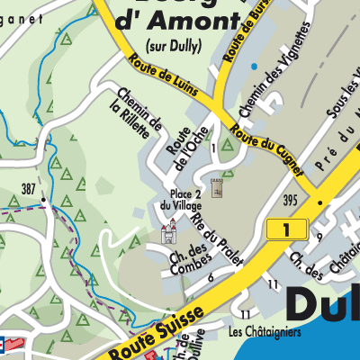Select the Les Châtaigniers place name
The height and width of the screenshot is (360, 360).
(265, 331)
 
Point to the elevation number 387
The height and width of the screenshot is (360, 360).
(31, 188)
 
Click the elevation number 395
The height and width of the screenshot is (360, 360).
(289, 198)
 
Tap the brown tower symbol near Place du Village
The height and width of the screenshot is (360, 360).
(216, 187)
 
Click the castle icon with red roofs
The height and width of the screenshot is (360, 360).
(168, 233)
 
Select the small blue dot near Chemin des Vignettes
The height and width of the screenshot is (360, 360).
(255, 67)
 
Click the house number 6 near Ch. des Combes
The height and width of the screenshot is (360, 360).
(210, 277)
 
